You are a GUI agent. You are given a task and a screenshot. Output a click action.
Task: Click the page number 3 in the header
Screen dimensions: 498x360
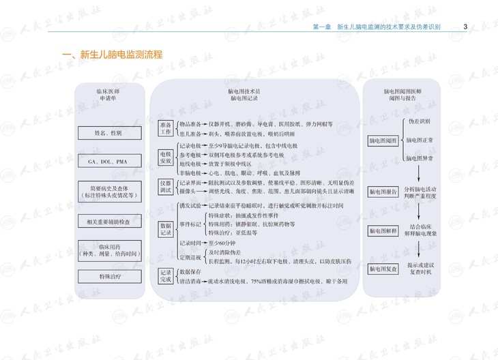[465, 27]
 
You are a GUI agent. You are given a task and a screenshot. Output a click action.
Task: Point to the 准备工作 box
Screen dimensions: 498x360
[166, 129]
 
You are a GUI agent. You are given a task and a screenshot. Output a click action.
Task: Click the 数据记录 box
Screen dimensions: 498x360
[166, 228]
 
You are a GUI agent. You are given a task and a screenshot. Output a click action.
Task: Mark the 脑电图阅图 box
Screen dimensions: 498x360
[383, 140]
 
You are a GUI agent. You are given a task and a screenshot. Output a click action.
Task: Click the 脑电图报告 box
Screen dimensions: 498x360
[383, 192]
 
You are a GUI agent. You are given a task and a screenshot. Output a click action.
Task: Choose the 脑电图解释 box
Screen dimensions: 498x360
[383, 231]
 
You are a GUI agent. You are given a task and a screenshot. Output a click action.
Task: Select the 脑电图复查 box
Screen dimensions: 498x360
[383, 269]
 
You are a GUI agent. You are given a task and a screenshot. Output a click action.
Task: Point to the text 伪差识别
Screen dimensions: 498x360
[420, 121]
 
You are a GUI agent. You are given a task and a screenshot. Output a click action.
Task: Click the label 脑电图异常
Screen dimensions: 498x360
[420, 157]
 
